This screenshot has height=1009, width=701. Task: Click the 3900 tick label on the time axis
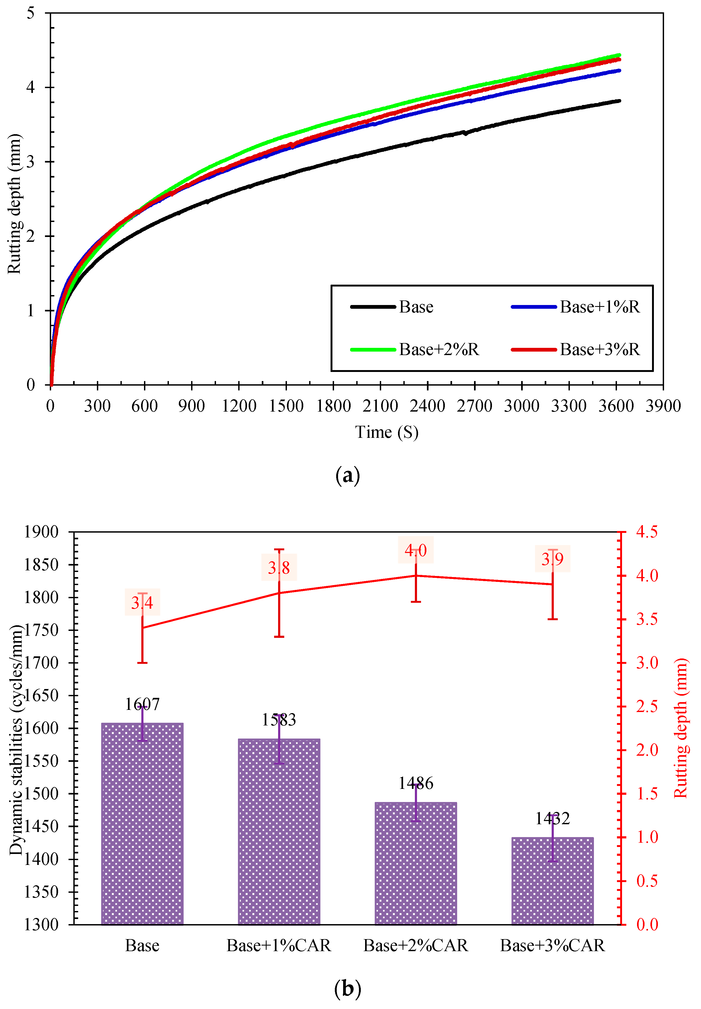tap(663, 406)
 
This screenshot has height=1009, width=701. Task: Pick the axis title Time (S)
tap(387, 432)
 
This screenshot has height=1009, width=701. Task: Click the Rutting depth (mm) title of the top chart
tap(14, 204)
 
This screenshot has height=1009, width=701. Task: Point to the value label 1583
tap(279, 720)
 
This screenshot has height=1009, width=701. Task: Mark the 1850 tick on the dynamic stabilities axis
tap(41, 565)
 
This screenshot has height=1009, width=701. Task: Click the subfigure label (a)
tap(347, 476)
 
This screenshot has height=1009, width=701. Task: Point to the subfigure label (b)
tap(347, 989)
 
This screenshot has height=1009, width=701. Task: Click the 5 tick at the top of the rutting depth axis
tap(30, 13)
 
